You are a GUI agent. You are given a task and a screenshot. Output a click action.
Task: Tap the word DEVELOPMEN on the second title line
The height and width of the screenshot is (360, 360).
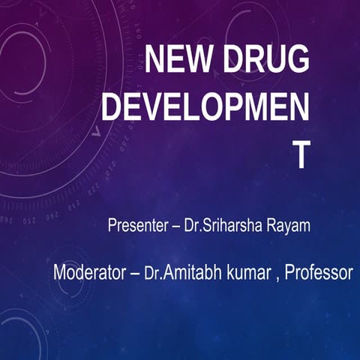coord(205,108)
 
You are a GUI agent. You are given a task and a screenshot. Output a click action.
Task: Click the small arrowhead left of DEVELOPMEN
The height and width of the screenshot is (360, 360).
coord(95,132)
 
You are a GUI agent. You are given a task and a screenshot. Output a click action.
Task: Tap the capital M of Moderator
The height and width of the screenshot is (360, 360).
coord(60,272)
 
